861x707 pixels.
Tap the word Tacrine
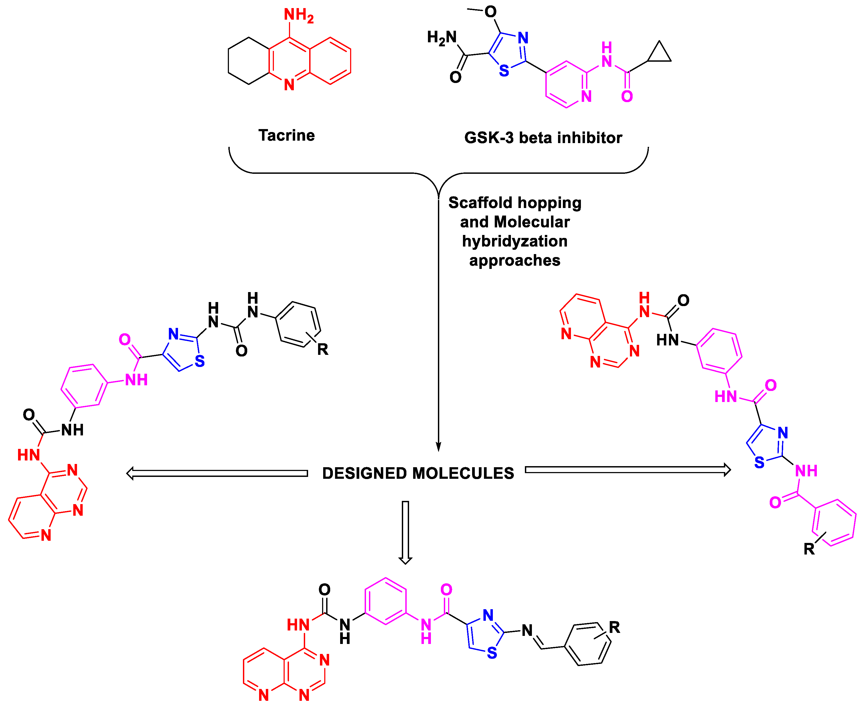pyautogui.click(x=287, y=135)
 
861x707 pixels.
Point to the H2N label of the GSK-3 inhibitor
pyautogui.click(x=442, y=37)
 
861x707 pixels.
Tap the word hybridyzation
pyautogui.click(x=515, y=241)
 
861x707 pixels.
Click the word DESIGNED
pyautogui.click(x=364, y=473)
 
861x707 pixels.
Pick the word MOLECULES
pyautogui.click(x=463, y=473)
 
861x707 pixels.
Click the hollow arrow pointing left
pyautogui.click(x=217, y=473)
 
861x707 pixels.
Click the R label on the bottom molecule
pyautogui.click(x=614, y=628)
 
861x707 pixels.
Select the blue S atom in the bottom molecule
pyautogui.click(x=492, y=653)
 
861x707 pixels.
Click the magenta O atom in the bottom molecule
pyautogui.click(x=446, y=589)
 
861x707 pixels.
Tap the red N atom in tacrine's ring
pyautogui.click(x=289, y=85)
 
